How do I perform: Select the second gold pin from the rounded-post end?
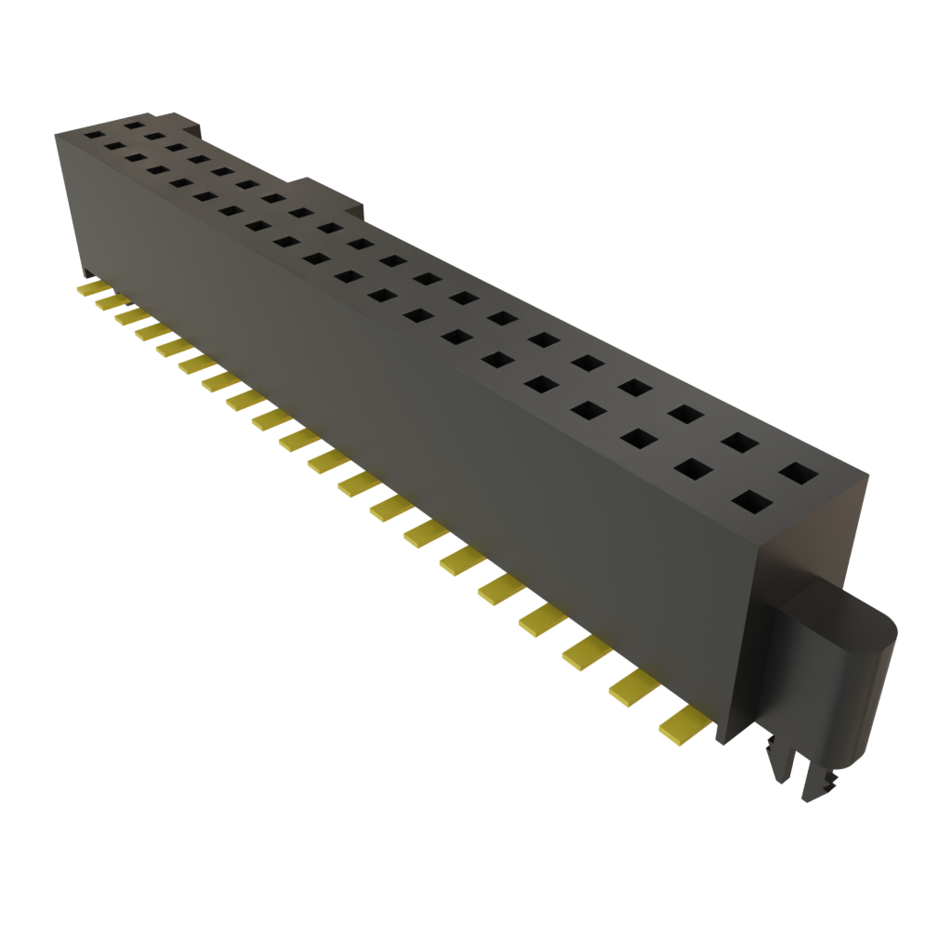(632, 685)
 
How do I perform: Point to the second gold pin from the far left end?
(110, 302)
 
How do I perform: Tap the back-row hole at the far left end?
(134, 123)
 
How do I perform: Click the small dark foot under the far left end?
(85, 273)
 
